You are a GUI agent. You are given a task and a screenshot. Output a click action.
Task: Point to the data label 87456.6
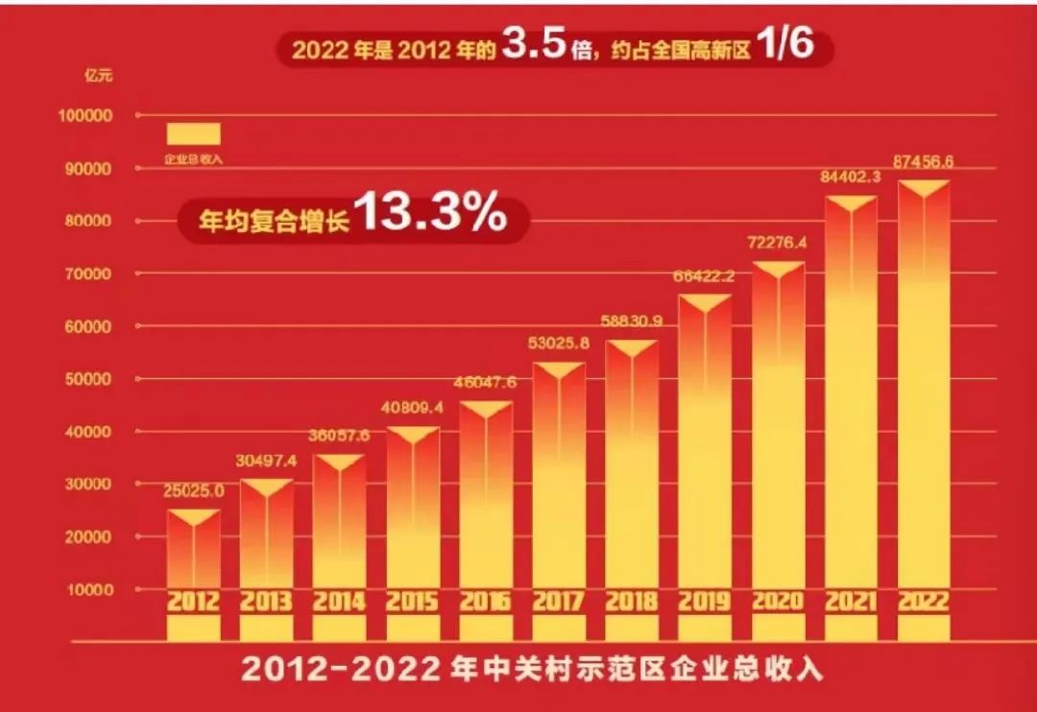click(x=922, y=161)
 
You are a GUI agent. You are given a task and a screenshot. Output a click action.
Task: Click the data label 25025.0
click(x=193, y=490)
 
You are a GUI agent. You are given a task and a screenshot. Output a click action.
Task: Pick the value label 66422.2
click(x=704, y=276)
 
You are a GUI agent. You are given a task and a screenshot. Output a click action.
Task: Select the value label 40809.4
click(x=412, y=407)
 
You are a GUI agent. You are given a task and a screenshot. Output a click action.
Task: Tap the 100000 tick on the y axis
click(x=85, y=116)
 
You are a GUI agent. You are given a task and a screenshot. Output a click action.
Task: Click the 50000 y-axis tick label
click(x=89, y=379)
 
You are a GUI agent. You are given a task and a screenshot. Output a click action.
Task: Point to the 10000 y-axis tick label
click(x=89, y=589)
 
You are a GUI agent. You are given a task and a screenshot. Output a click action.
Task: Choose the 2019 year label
click(x=704, y=603)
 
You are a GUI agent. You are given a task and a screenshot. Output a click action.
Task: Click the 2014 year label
click(x=339, y=603)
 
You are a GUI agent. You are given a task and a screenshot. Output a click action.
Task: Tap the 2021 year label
click(x=850, y=603)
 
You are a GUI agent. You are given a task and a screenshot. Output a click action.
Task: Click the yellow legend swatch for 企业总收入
click(x=194, y=133)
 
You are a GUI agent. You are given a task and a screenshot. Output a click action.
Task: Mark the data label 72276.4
click(x=777, y=243)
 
